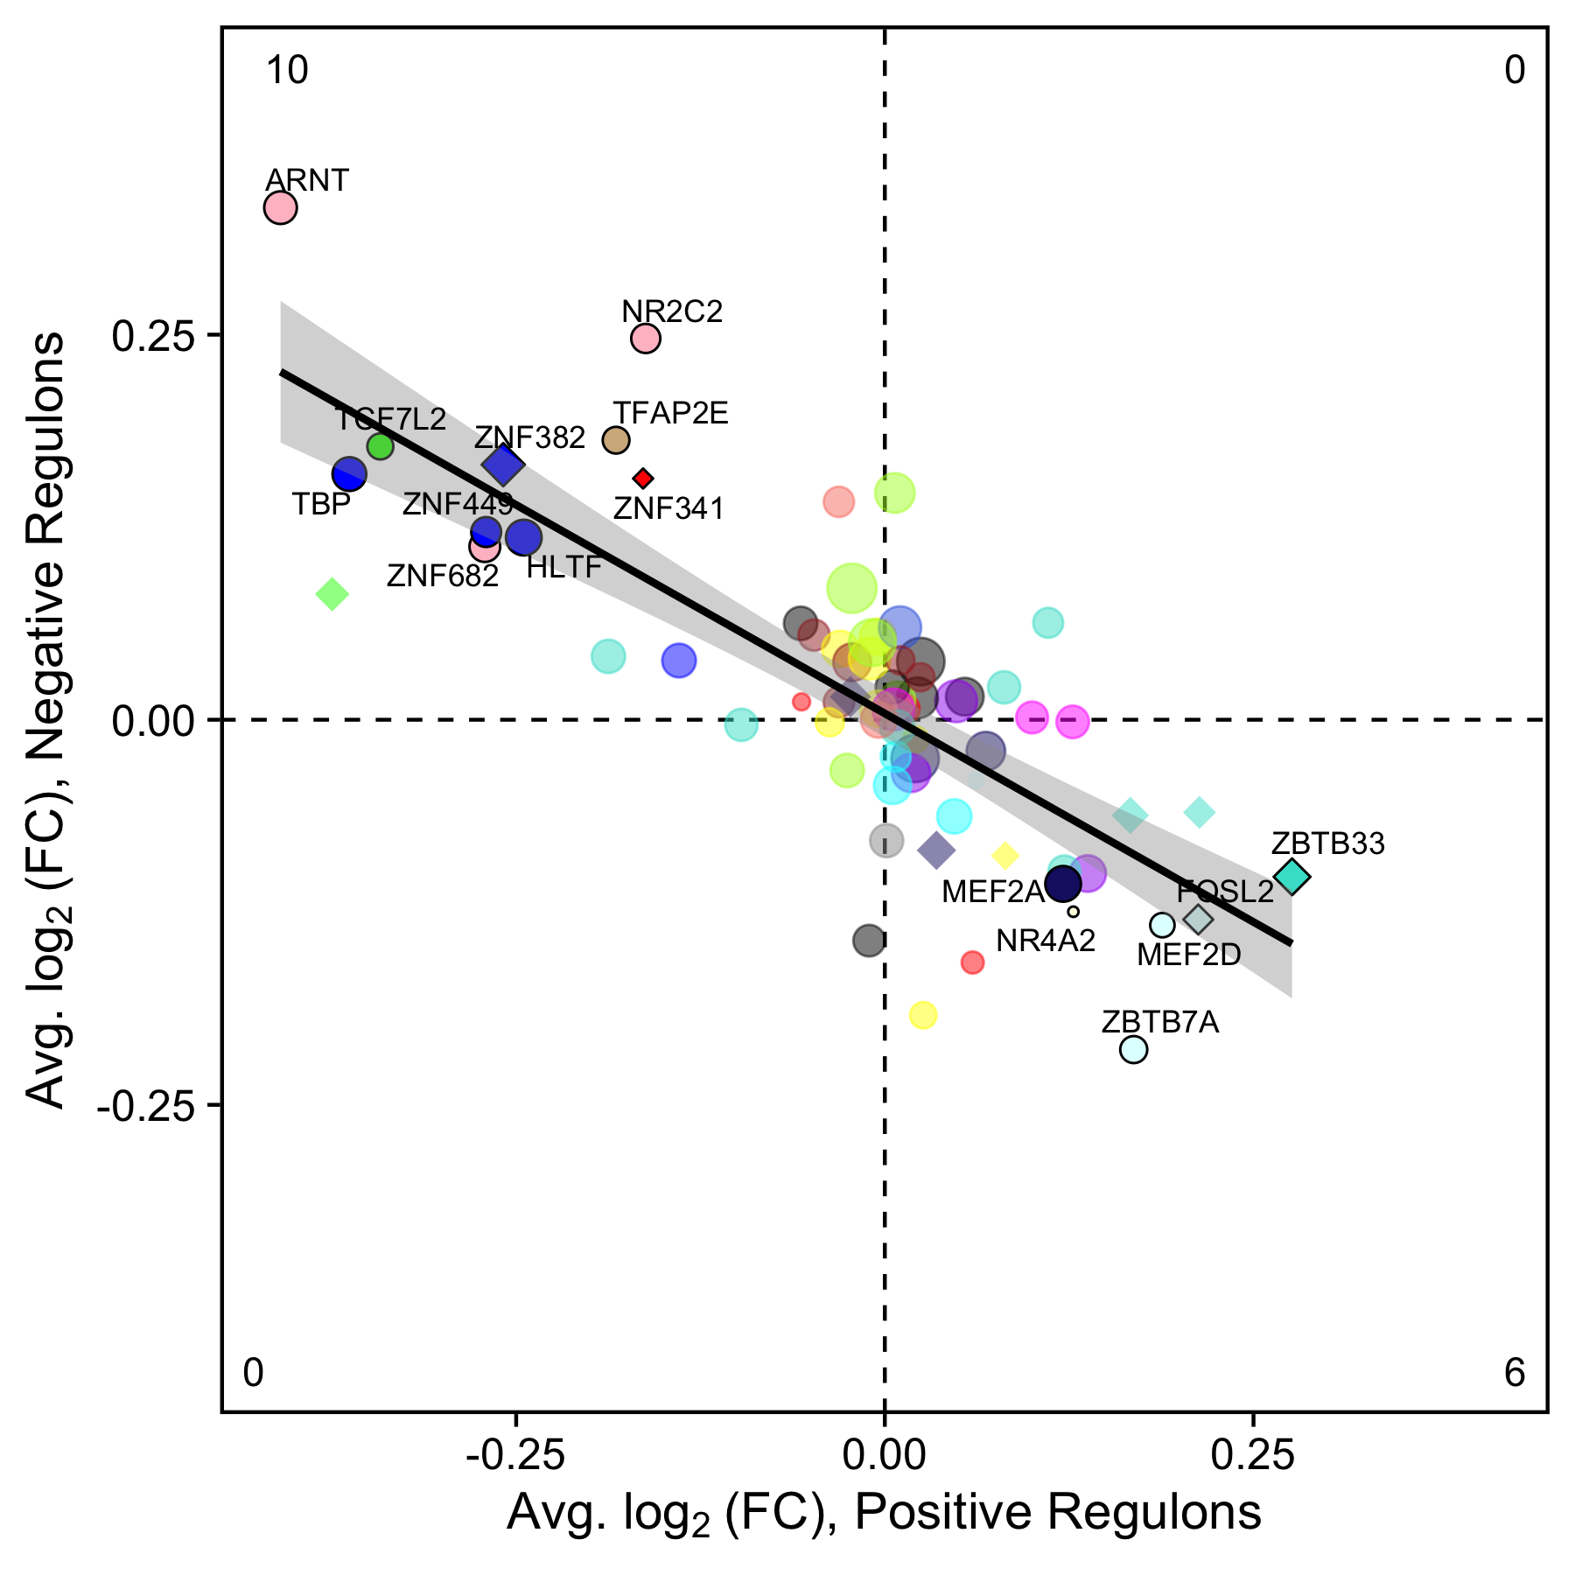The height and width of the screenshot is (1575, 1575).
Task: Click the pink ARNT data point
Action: pos(280,208)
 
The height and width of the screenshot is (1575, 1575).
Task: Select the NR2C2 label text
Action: pos(672,311)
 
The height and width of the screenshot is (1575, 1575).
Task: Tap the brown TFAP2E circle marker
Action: pos(616,440)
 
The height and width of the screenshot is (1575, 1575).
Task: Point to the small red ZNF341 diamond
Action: pos(643,478)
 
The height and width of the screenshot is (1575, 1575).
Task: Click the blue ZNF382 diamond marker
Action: pos(503,465)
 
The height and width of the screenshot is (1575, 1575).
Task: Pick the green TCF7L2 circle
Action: pos(380,446)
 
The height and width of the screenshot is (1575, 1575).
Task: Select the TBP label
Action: pos(320,505)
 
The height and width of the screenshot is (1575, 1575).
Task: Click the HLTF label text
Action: pos(564,568)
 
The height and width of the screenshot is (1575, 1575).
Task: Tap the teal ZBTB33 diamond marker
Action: pos(1291,876)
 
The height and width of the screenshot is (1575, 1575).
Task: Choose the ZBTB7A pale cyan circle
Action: pos(1133,1049)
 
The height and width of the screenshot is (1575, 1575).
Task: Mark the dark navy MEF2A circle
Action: pos(1063,885)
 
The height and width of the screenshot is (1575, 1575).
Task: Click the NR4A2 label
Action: pos(1046,941)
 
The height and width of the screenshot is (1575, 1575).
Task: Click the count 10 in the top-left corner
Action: pos(287,71)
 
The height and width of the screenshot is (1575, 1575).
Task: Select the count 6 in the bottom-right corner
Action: pos(1515,1373)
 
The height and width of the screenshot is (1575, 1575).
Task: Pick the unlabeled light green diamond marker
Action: pos(332,594)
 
